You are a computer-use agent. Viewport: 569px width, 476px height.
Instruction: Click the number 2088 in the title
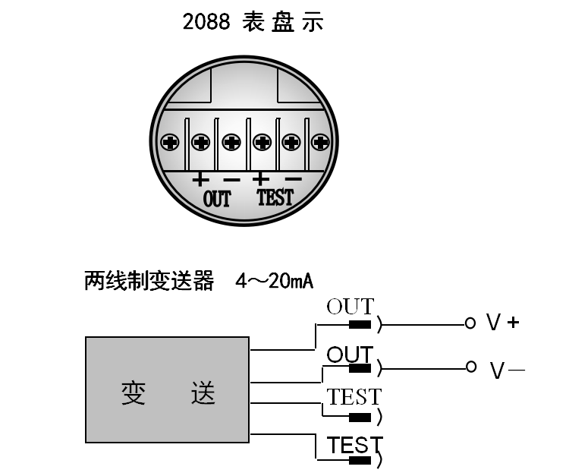[206, 22]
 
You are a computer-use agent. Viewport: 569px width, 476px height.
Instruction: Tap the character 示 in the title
[312, 22]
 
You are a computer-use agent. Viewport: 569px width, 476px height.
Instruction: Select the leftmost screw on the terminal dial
[170, 141]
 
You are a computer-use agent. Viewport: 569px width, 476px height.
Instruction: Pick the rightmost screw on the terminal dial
[321, 141]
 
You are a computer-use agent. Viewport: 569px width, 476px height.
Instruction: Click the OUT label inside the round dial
[217, 199]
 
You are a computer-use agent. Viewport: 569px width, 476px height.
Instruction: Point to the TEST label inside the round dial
[275, 198]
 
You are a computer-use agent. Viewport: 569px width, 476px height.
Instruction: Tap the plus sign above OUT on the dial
[200, 180]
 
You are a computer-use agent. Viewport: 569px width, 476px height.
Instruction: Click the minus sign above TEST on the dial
[293, 180]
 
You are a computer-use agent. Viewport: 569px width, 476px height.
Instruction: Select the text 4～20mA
[275, 282]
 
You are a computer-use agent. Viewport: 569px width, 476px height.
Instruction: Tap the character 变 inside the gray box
[134, 393]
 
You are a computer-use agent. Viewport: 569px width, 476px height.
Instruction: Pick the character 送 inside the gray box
[203, 393]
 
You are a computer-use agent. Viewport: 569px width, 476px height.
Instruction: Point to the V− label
[507, 370]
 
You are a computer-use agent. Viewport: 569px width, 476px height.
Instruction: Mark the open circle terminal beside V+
[470, 323]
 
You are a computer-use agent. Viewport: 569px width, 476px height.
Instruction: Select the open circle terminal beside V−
[470, 367]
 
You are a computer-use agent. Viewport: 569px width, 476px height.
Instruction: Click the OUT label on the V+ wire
[350, 307]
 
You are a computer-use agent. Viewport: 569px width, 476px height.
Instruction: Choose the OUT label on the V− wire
[350, 355]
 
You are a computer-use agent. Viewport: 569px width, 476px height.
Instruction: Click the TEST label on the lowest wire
[354, 445]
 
